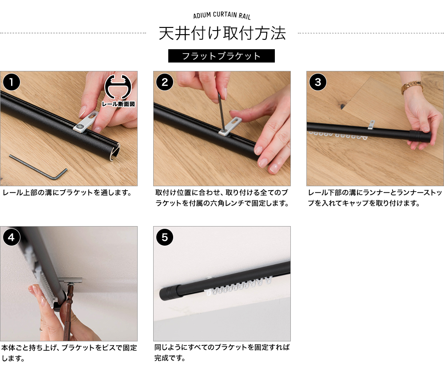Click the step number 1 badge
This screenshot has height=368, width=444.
12,82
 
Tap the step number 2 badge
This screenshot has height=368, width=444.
165,82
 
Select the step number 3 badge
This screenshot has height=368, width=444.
318,82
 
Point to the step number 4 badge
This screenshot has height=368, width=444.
12,237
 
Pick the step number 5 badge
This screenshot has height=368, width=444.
165,237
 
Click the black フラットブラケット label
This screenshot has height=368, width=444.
222,56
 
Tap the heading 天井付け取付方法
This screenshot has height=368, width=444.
222,33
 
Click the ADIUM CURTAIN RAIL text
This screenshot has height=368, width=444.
222,15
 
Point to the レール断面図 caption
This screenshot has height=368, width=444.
119,104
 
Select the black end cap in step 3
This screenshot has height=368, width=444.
420,137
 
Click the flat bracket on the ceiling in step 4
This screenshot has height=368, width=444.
71,281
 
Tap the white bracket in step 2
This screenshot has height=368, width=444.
230,126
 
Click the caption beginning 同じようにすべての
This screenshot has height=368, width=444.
222,352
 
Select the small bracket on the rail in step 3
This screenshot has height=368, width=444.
371,125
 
